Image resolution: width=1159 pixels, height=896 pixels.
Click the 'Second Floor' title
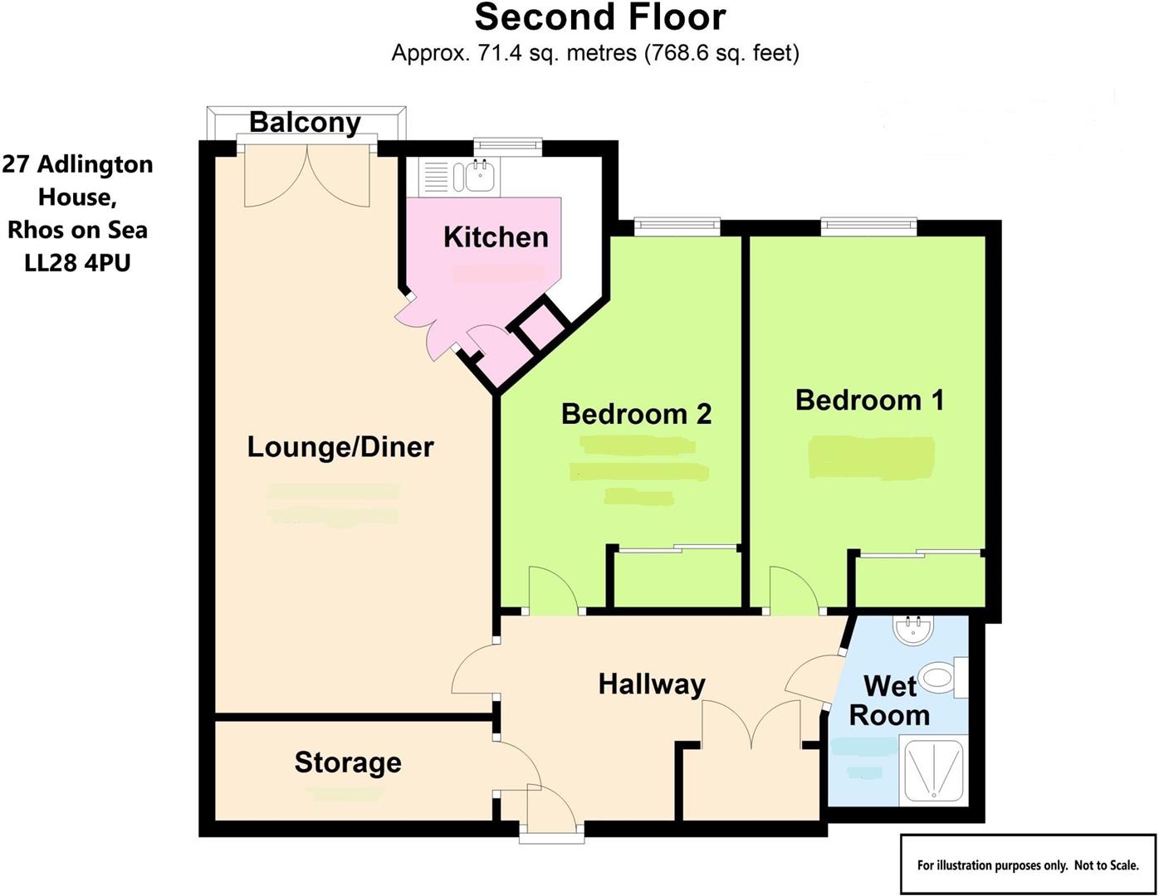tap(599, 18)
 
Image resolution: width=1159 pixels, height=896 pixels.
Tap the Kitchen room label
tap(496, 237)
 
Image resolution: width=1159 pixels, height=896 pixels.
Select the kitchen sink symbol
tap(480, 176)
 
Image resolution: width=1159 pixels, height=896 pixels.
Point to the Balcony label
tap(305, 123)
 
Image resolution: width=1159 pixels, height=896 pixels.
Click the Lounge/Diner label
tap(340, 447)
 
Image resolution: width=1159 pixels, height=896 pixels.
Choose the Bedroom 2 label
tap(636, 414)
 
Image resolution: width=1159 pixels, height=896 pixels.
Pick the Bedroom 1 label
tap(869, 401)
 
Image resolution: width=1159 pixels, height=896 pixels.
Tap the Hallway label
tap(652, 684)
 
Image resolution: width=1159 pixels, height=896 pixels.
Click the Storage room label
tap(348, 762)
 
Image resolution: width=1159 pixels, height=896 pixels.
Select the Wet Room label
tap(889, 701)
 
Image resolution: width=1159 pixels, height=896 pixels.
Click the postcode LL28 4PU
tap(77, 263)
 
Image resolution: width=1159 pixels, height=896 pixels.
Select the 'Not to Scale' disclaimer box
tap(1027, 864)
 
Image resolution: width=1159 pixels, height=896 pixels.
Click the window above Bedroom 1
tap(868, 224)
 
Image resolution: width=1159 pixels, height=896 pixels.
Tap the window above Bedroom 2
tap(676, 224)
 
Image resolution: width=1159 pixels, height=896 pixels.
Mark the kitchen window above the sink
tap(507, 146)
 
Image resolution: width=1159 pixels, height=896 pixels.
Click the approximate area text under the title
tap(594, 54)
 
